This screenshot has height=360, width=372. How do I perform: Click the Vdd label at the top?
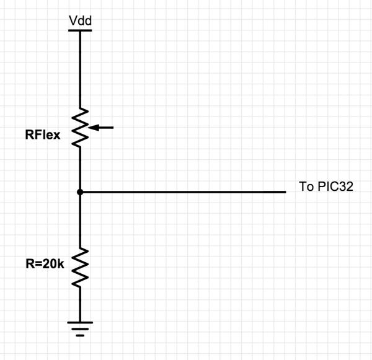coord(80,22)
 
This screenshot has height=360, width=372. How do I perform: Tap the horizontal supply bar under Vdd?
coord(80,29)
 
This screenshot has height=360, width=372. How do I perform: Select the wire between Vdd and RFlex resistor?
coord(80,68)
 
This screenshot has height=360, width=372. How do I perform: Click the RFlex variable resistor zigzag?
coord(80,128)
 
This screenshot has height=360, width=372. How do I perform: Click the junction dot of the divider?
coord(80,193)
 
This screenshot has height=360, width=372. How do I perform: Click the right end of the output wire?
coord(285,193)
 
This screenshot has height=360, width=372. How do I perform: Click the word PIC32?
coord(335,187)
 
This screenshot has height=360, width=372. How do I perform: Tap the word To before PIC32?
coord(306,187)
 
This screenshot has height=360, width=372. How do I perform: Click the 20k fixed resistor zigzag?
coord(80,266)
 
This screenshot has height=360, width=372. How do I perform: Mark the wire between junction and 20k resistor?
coord(80,220)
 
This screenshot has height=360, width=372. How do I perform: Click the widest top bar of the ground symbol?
coord(80,323)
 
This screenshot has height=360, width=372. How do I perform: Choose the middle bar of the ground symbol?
coord(80,328)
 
